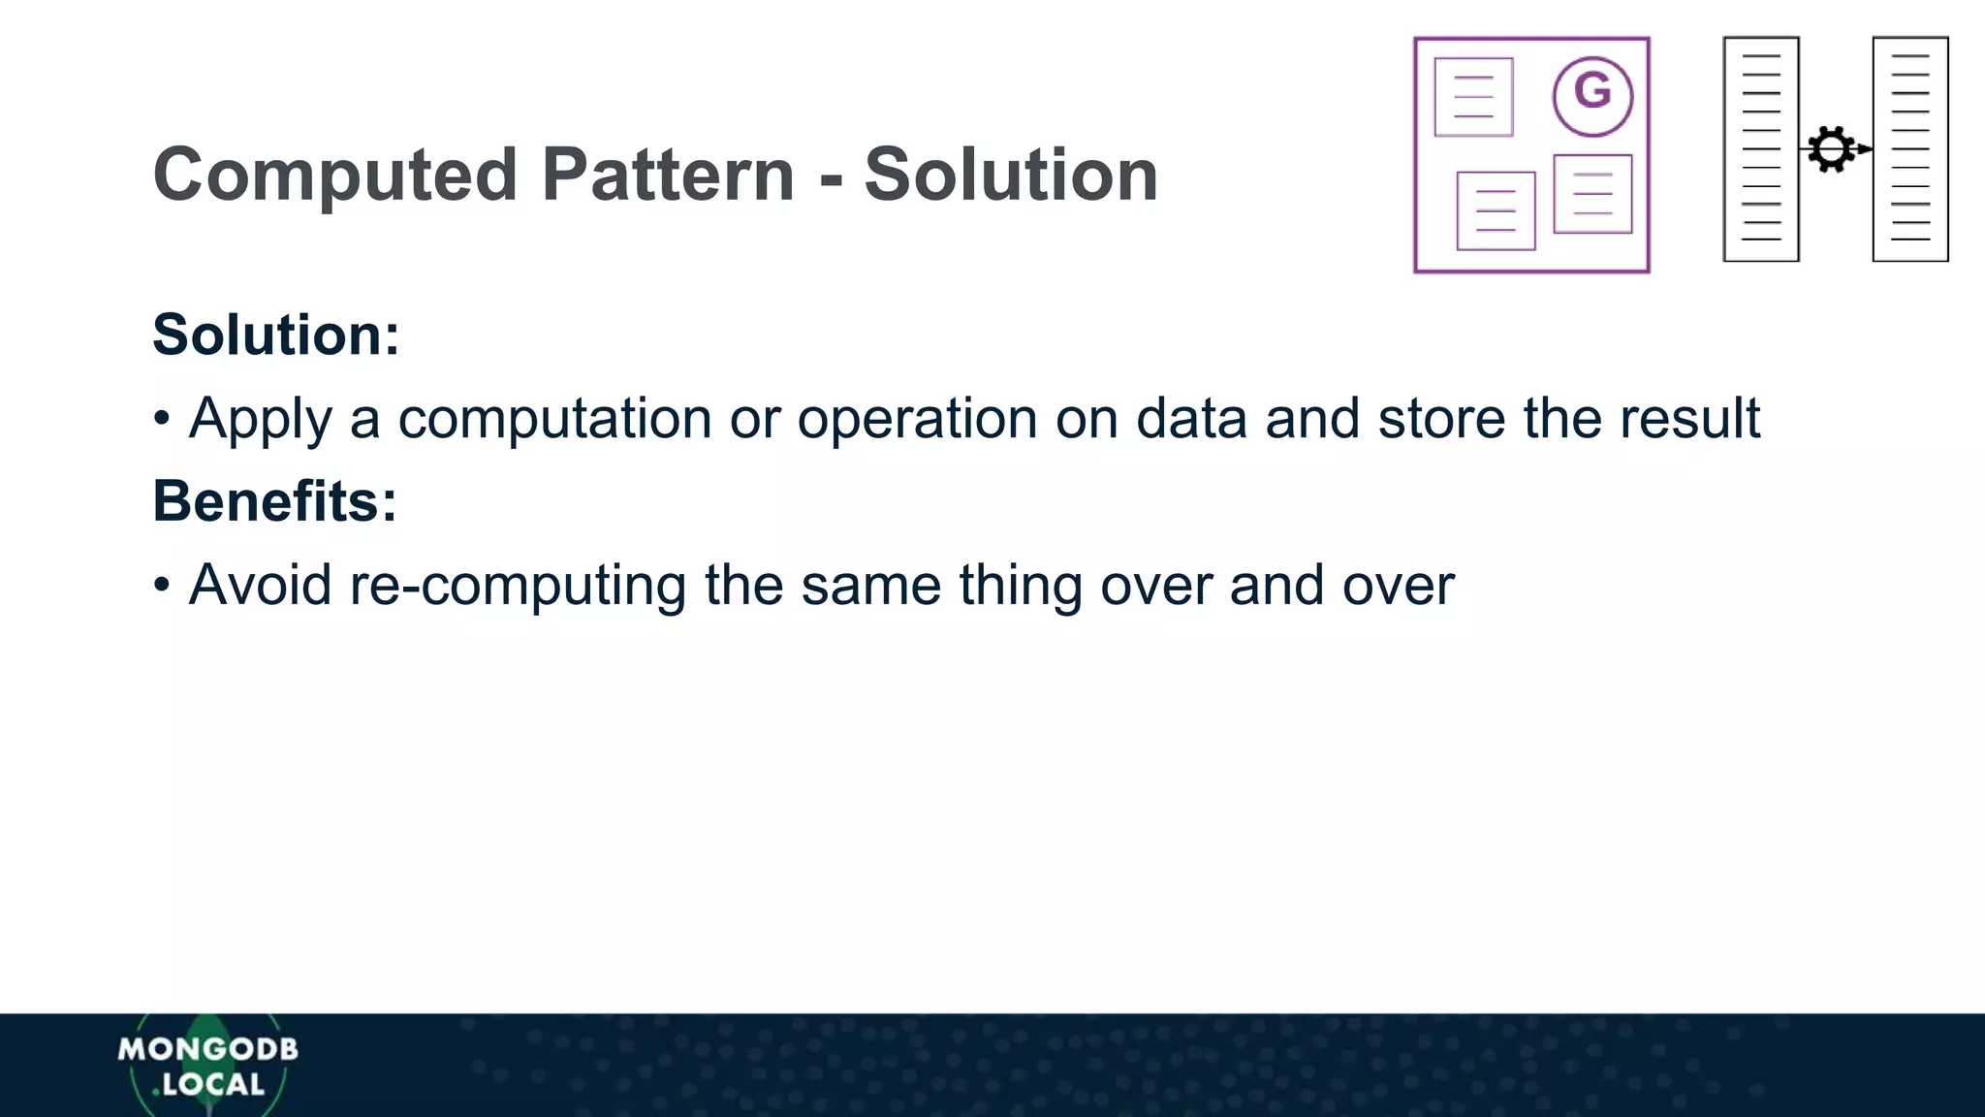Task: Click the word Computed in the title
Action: pyautogui.click(x=335, y=176)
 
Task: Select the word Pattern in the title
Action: pyautogui.click(x=668, y=176)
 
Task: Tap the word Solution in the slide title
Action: pyautogui.click(x=1011, y=176)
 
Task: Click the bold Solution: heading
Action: pyautogui.click(x=276, y=335)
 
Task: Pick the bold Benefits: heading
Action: pyautogui.click(x=275, y=501)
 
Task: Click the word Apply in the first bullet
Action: pyautogui.click(x=260, y=419)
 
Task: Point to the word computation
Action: pyautogui.click(x=554, y=419)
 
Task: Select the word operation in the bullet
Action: pyautogui.click(x=916, y=419)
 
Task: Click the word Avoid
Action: pyautogui.click(x=260, y=586)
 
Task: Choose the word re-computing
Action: pyautogui.click(x=518, y=586)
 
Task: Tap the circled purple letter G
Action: pyautogui.click(x=1592, y=95)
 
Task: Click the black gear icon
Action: pyautogui.click(x=1831, y=149)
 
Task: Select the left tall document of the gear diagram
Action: pyautogui.click(x=1761, y=149)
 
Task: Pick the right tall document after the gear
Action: pyautogui.click(x=1910, y=149)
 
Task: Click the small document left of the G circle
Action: pyautogui.click(x=1473, y=97)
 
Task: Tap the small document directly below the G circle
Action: pyautogui.click(x=1592, y=194)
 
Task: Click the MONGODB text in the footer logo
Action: pyautogui.click(x=208, y=1049)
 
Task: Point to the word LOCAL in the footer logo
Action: pyautogui.click(x=213, y=1084)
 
